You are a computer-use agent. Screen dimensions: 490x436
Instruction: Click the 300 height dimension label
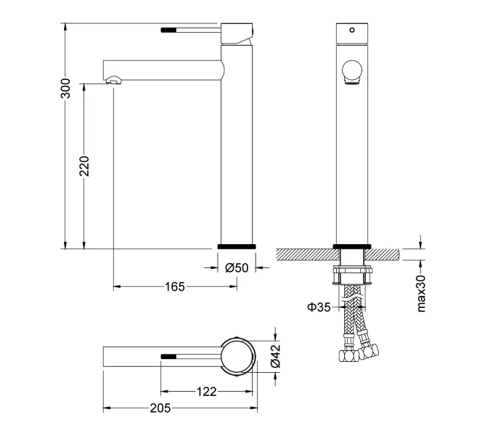pos(65,89)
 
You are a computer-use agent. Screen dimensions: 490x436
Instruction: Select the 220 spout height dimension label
pos(84,166)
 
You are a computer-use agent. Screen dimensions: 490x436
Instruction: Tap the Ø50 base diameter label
pos(237,267)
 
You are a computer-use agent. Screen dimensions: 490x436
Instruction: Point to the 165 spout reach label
pos(175,286)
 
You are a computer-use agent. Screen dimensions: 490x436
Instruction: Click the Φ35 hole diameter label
pos(319,307)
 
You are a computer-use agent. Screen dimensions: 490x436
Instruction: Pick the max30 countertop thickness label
pos(421,294)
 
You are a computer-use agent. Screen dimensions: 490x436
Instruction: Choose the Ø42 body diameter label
pos(275,356)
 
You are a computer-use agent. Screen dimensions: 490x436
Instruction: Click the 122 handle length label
pos(206,391)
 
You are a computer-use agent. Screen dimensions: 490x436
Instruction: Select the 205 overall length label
pos(160,408)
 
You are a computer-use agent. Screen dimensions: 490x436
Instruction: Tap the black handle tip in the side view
pos(168,31)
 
